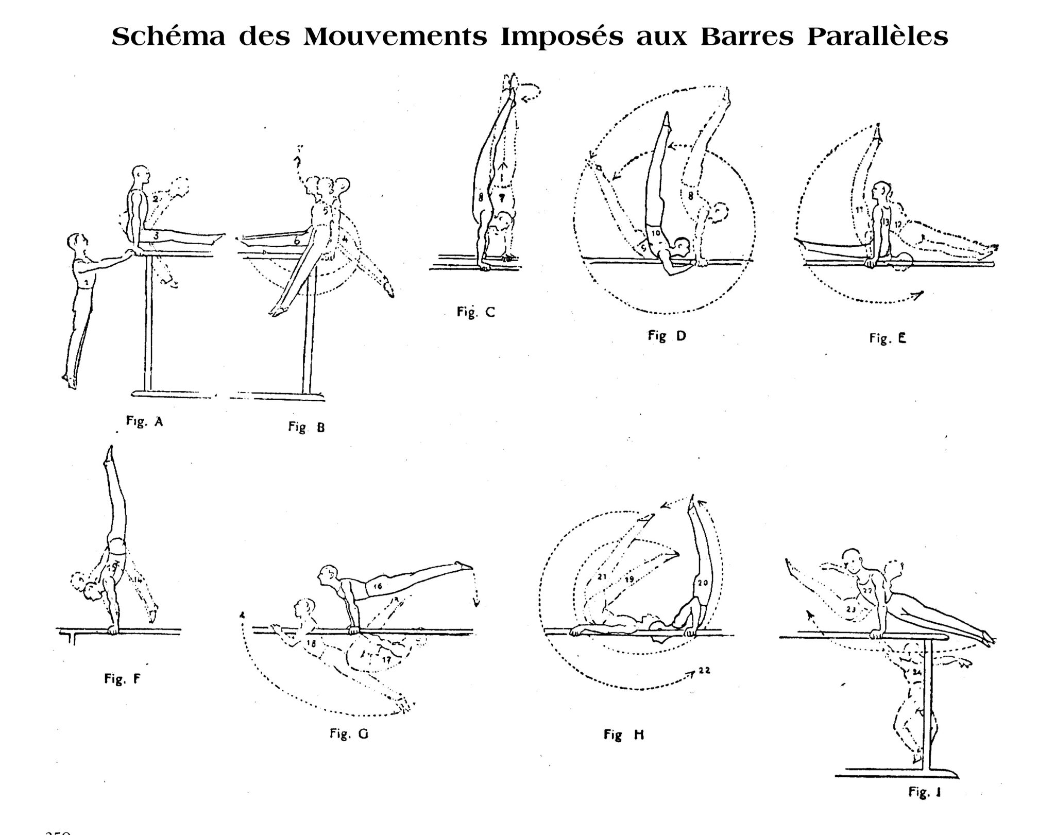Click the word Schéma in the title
click(x=168, y=37)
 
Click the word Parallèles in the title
click(x=877, y=37)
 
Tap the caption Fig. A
click(x=145, y=422)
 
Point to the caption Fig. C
click(x=475, y=312)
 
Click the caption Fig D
click(x=667, y=336)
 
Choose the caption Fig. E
click(x=887, y=338)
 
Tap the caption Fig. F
click(x=122, y=679)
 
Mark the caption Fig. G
click(x=349, y=734)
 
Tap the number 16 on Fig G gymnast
click(x=377, y=586)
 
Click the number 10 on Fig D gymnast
click(x=656, y=233)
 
